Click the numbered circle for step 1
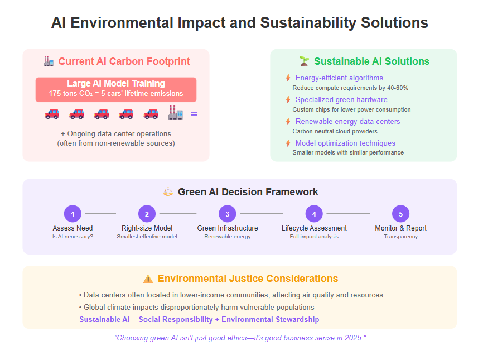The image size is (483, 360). [73, 214]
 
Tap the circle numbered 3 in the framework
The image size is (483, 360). [228, 214]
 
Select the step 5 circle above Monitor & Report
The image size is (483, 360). [401, 214]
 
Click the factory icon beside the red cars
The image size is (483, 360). [176, 113]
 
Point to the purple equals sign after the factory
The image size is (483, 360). [194, 114]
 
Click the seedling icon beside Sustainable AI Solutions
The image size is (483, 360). [304, 61]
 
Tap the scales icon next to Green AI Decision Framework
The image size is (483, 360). [168, 192]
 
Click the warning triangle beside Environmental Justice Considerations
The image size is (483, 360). [148, 279]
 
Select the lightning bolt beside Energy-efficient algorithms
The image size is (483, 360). [288, 78]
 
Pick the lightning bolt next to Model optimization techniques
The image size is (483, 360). [288, 143]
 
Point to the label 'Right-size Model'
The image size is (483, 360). [147, 228]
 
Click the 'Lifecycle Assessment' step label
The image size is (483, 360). [314, 228]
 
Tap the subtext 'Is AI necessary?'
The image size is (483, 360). [73, 237]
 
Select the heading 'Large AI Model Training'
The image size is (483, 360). [116, 83]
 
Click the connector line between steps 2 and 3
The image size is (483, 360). [178, 214]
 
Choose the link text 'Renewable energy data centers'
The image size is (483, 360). [348, 122]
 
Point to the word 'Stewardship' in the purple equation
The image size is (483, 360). [297, 319]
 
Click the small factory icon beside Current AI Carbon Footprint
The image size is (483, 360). [49, 61]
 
